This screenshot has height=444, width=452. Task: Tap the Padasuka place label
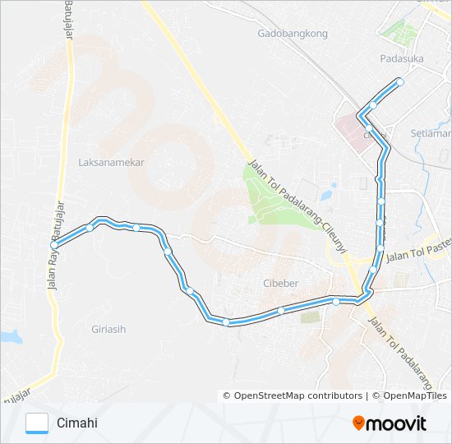click(x=401, y=58)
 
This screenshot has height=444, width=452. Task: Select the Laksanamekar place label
click(x=111, y=162)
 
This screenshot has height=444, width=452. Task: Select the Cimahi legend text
click(x=76, y=423)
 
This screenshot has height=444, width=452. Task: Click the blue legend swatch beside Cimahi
click(x=38, y=423)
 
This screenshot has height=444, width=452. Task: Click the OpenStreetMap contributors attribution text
click(x=297, y=395)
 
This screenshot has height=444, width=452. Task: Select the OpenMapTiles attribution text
click(x=413, y=395)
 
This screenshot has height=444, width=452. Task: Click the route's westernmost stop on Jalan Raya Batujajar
click(x=54, y=245)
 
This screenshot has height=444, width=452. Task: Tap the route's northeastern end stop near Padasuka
click(x=400, y=81)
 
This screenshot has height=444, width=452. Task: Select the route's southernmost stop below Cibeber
click(x=226, y=322)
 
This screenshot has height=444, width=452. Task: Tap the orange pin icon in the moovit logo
click(x=359, y=423)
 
